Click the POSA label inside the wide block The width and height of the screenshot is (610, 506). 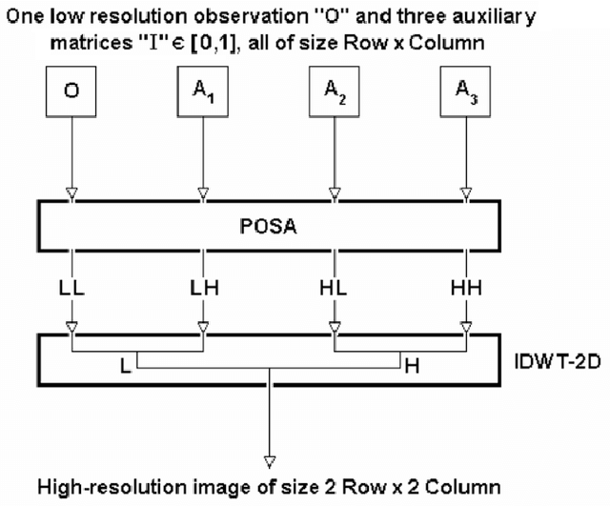(268, 228)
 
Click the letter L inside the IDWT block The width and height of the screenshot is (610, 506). (126, 364)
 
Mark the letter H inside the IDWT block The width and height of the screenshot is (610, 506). (412, 364)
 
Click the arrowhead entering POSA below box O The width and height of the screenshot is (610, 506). (71, 195)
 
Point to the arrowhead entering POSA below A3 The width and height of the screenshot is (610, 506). (465, 195)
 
